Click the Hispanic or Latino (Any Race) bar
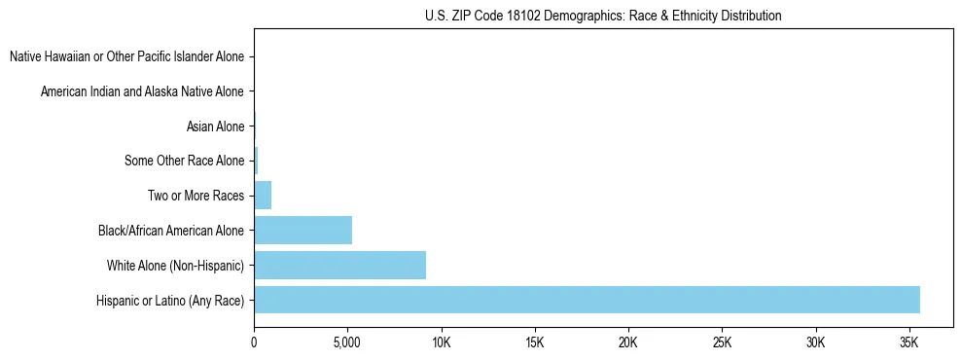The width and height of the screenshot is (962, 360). (587, 300)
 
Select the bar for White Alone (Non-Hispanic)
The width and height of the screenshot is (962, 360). (339, 266)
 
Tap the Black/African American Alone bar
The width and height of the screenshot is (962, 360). (303, 231)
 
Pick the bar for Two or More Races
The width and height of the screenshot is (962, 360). (263, 196)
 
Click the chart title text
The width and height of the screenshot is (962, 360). (603, 16)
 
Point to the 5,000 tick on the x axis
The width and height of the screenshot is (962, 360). (347, 343)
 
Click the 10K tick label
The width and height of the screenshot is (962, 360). (441, 343)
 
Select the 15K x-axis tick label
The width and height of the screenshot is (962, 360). (534, 343)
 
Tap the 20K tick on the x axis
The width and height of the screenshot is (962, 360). (627, 343)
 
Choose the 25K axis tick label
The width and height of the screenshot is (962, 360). (722, 343)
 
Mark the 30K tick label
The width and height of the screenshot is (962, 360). (815, 343)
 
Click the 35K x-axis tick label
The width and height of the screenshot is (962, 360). (909, 343)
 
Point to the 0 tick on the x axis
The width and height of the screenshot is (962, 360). (254, 343)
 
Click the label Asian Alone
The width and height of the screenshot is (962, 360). (215, 126)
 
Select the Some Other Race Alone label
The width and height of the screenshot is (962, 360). (185, 161)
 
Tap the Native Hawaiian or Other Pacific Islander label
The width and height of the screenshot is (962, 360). (127, 56)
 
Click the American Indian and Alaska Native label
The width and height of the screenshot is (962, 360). (143, 91)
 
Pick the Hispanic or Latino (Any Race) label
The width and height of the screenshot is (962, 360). (171, 301)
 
